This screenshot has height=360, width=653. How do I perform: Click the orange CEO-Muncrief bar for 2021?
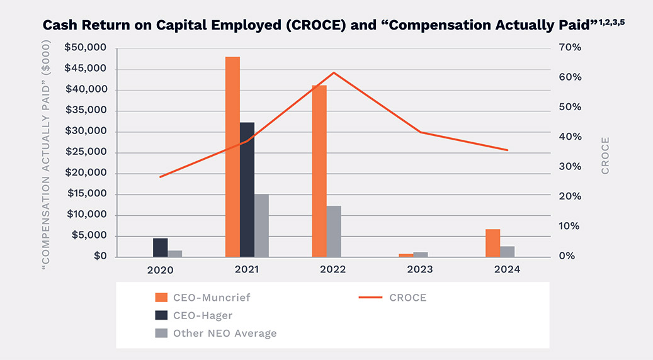tap(232, 157)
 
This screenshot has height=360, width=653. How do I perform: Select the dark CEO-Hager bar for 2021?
tap(247, 189)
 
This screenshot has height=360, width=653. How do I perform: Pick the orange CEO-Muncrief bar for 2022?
tap(319, 171)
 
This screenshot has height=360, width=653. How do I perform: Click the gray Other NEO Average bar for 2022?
tap(334, 231)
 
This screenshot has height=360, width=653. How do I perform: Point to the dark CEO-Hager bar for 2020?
tap(161, 247)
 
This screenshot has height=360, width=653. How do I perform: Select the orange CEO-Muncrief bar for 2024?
tap(493, 243)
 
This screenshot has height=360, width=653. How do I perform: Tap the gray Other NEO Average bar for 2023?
tap(421, 254)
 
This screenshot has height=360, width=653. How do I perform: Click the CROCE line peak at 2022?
tap(334, 72)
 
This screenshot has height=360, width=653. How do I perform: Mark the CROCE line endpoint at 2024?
tap(508, 150)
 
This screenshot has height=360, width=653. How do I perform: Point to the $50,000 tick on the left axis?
tap(86, 48)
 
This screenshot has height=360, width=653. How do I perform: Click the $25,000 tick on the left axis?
tap(86, 152)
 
